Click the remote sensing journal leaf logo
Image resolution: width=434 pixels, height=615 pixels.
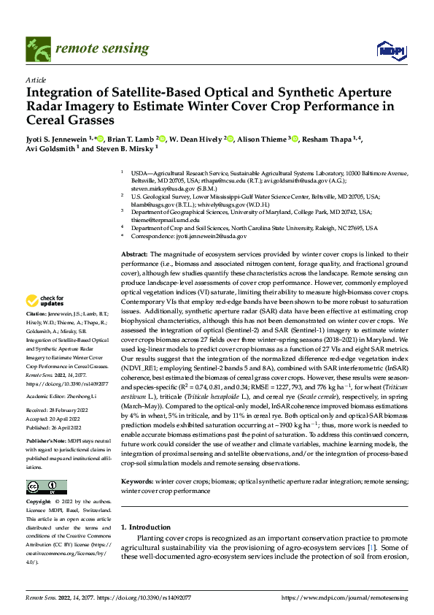coord(37,49)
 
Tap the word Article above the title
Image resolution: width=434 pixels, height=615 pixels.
coord(35,79)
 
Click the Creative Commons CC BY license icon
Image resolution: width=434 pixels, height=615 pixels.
coord(45,487)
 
